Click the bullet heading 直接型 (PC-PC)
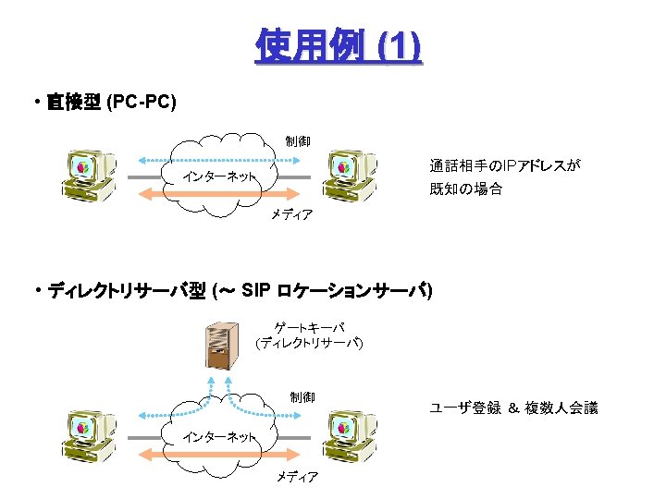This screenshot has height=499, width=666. (x=111, y=102)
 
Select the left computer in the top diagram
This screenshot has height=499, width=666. (x=87, y=175)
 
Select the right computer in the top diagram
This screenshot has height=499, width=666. (x=348, y=175)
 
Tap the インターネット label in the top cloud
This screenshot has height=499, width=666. (x=219, y=176)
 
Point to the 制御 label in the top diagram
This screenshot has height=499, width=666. (x=298, y=141)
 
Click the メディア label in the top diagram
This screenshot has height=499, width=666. (x=292, y=215)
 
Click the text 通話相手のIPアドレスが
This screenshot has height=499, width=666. (x=504, y=166)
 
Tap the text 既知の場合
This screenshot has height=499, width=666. (x=466, y=189)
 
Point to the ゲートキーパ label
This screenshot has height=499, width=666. (x=310, y=327)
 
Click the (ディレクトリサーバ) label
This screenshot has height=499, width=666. (x=310, y=344)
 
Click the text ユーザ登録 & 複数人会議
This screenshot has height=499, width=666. (x=513, y=408)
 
